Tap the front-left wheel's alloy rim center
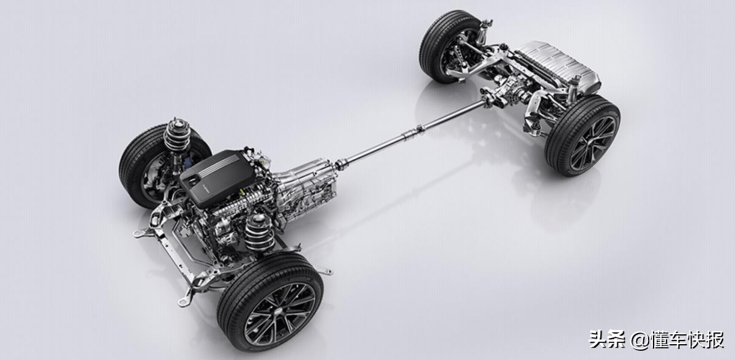click(x=279, y=314)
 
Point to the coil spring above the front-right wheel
click(x=176, y=135)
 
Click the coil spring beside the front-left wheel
click(x=259, y=232)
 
